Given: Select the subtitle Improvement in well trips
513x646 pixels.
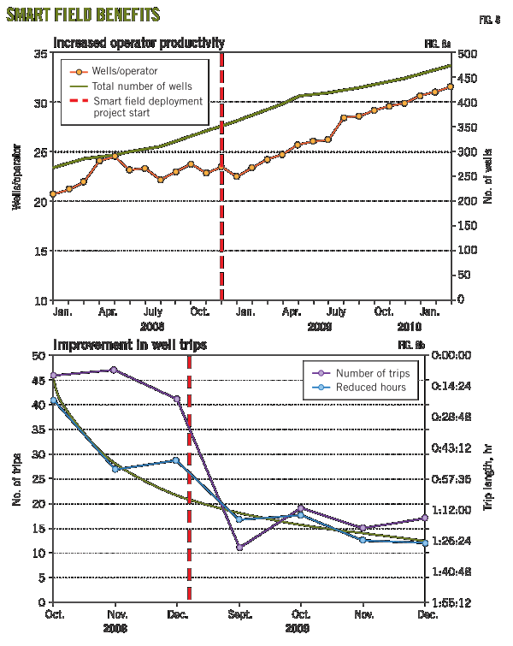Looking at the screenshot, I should coord(129,345).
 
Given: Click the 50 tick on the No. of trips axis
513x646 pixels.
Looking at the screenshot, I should coord(38,355).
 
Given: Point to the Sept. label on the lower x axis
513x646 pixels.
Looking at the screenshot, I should coord(239,615).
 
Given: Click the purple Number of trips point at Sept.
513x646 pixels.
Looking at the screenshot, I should coord(239,547).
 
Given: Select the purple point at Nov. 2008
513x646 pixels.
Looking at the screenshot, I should coord(115,370).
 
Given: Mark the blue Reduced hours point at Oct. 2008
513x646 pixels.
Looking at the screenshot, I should coord(53,400).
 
